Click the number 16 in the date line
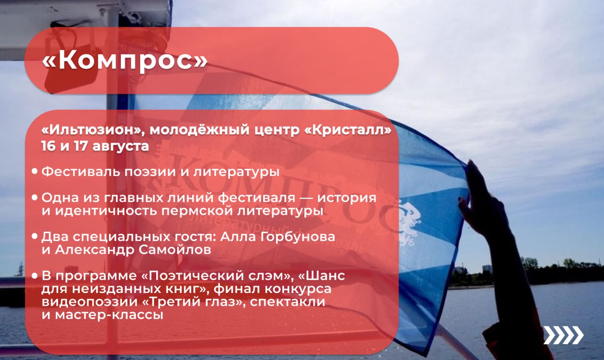coord(48,146)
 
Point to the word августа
coord(120,147)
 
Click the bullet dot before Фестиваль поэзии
coord(34,171)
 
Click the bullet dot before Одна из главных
coord(34,197)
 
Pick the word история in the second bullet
coord(347,198)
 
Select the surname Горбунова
coord(298,237)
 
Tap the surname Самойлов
coord(175,250)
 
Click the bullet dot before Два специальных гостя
coord(34,236)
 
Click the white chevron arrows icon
coord(563,335)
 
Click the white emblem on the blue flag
coord(409,222)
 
